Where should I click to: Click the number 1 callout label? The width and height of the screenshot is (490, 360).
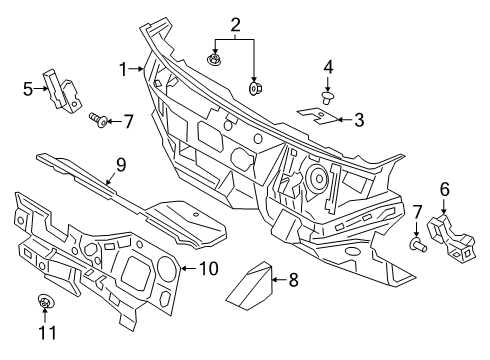[x=125, y=69]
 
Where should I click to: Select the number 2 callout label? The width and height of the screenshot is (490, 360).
[x=235, y=24]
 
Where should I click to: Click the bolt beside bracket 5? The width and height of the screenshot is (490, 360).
[x=97, y=121]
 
